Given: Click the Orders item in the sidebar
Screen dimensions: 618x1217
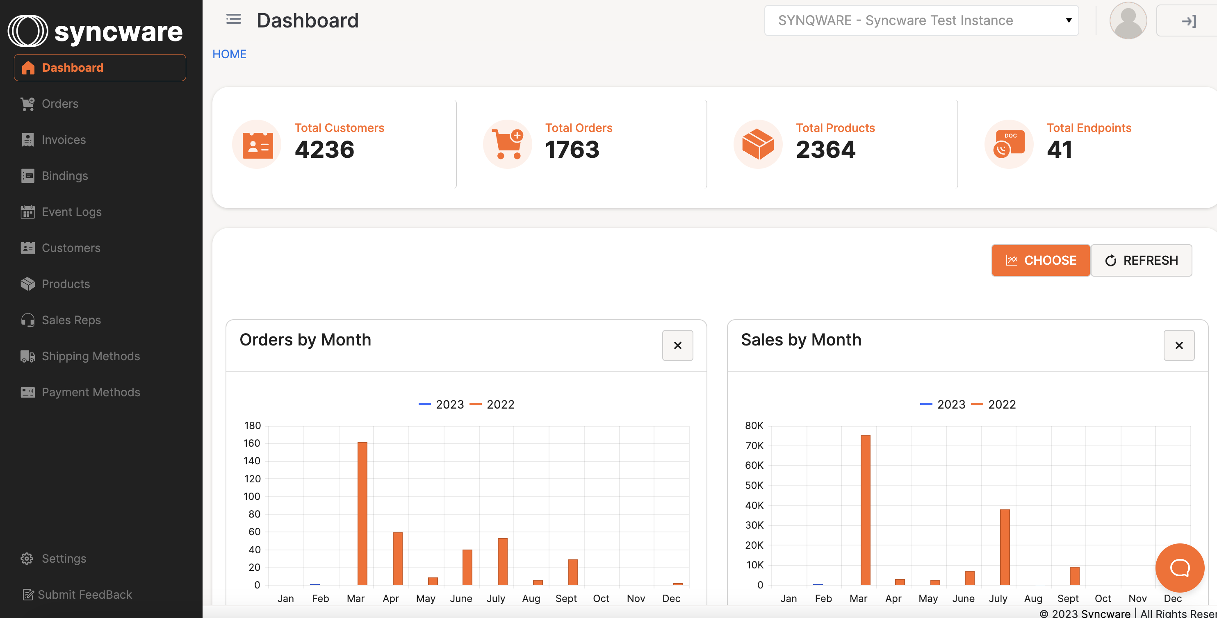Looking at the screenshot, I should coord(59,104).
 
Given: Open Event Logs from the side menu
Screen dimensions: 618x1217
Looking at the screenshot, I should coord(71,212).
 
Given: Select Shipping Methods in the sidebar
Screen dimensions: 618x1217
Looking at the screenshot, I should coord(90,356).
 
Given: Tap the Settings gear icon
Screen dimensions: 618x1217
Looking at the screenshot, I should coord(27,559).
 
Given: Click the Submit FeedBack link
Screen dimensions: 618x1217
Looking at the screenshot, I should coord(84,594).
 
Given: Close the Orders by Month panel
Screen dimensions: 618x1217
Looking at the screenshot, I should coord(677,345).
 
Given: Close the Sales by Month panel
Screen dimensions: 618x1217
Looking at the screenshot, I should coord(1179,345).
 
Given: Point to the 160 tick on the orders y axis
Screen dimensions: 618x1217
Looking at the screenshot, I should coord(252,443).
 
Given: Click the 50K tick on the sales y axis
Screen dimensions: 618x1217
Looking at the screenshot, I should coord(754,485).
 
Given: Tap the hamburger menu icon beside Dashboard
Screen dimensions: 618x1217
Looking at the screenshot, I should coord(233,19).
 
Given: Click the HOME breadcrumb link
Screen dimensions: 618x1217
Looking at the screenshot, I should coord(229,54).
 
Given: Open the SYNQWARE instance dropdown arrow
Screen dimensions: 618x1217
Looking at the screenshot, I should coord(1068,20).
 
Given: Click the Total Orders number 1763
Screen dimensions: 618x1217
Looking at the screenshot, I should coord(572,150).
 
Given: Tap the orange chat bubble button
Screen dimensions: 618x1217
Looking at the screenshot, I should coord(1179,568).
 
